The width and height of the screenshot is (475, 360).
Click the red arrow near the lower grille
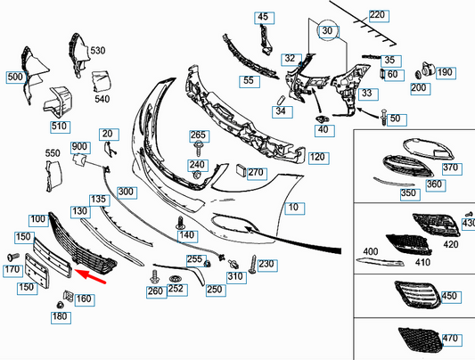click(x=90, y=276)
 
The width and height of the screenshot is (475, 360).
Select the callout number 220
click(x=377, y=14)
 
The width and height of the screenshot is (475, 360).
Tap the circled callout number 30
click(x=327, y=30)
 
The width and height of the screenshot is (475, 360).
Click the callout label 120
click(x=317, y=157)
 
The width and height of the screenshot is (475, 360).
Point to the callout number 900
click(x=79, y=146)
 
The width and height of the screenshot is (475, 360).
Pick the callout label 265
click(x=198, y=135)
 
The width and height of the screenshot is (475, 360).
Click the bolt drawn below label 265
click(x=199, y=148)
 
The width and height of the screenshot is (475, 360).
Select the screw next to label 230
click(x=253, y=264)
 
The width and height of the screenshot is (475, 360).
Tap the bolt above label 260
click(x=154, y=277)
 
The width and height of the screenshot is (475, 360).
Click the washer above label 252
click(x=175, y=279)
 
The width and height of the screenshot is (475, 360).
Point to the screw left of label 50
click(x=384, y=117)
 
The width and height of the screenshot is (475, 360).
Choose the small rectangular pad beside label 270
click(x=242, y=170)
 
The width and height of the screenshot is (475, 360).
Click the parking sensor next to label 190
click(x=428, y=70)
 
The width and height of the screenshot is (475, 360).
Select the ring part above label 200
click(x=418, y=75)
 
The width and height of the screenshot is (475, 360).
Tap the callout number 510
click(x=59, y=126)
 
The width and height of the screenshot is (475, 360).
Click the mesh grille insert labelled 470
click(x=421, y=340)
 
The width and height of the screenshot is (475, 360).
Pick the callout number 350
click(x=408, y=192)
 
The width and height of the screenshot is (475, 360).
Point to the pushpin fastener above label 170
click(x=13, y=258)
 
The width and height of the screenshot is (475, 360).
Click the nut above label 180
click(x=60, y=305)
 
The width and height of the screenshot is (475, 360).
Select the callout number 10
click(x=293, y=207)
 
